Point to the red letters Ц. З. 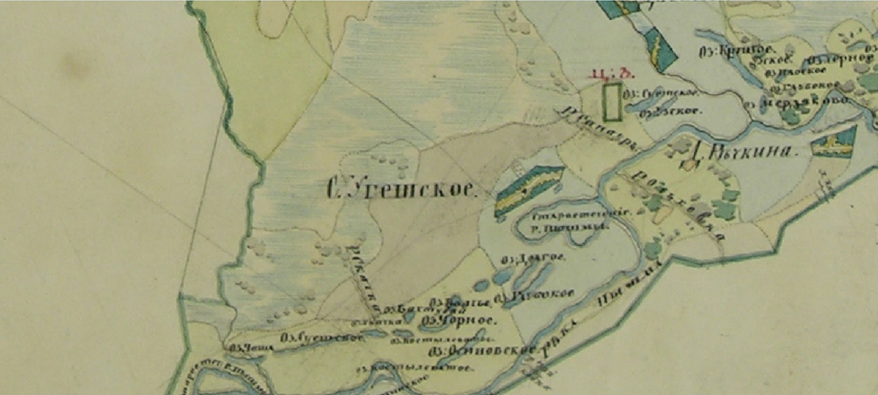click(606, 73)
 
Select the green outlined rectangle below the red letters click(613, 99)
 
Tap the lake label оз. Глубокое click(807, 85)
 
